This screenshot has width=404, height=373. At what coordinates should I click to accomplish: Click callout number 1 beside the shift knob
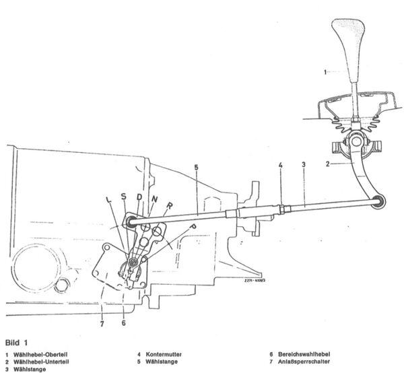[x=326, y=71]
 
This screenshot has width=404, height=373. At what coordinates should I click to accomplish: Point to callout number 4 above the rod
[x=281, y=164]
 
